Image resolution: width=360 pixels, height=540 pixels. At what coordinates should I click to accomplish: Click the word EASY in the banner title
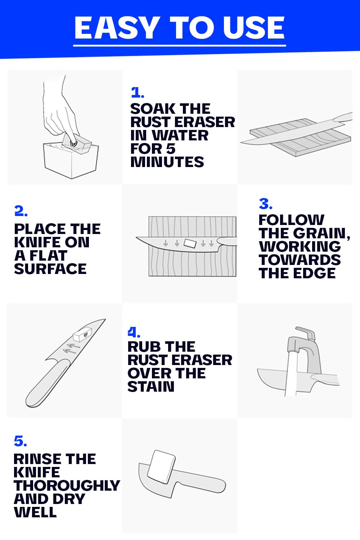116,28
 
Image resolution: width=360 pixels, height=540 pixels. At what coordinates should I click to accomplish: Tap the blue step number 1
138,92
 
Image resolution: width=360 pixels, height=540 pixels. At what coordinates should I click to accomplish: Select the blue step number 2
21,211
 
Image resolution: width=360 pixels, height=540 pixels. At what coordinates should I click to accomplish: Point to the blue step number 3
265,204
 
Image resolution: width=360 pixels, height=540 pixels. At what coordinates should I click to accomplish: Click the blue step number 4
134,332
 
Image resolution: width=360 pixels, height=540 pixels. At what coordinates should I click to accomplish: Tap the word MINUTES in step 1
167,162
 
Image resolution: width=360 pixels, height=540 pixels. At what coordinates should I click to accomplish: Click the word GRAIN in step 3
321,233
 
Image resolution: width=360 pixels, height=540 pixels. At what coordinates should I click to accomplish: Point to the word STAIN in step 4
151,386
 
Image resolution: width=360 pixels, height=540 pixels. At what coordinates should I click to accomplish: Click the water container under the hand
71,160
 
